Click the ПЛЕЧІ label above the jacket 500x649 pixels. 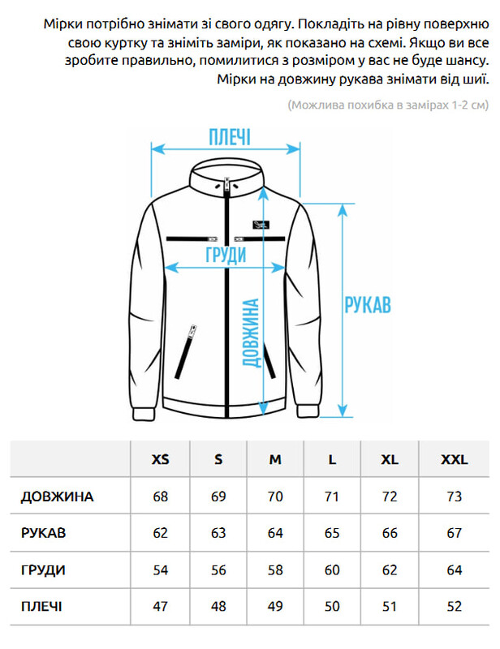tap(230, 137)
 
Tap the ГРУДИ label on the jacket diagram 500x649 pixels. tap(226, 255)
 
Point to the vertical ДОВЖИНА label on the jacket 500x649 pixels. tap(251, 333)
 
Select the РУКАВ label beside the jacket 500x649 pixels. tap(368, 305)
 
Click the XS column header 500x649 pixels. tap(161, 459)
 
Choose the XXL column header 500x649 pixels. tap(454, 459)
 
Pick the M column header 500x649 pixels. tap(275, 459)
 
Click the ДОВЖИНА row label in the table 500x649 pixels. tap(57, 496)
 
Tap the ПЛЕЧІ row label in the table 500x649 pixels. tap(41, 607)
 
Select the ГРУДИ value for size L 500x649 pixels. tap(332, 570)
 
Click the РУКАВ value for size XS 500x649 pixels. tap(161, 533)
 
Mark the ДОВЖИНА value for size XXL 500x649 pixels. tap(454, 496)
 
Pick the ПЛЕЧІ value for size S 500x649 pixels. tap(218, 607)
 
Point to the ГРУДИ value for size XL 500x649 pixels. tap(390, 570)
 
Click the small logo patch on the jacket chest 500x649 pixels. tap(261, 225)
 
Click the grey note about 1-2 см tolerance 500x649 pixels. tap(388, 105)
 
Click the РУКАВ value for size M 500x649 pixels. tap(275, 533)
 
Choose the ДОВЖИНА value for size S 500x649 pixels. tap(218, 496)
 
